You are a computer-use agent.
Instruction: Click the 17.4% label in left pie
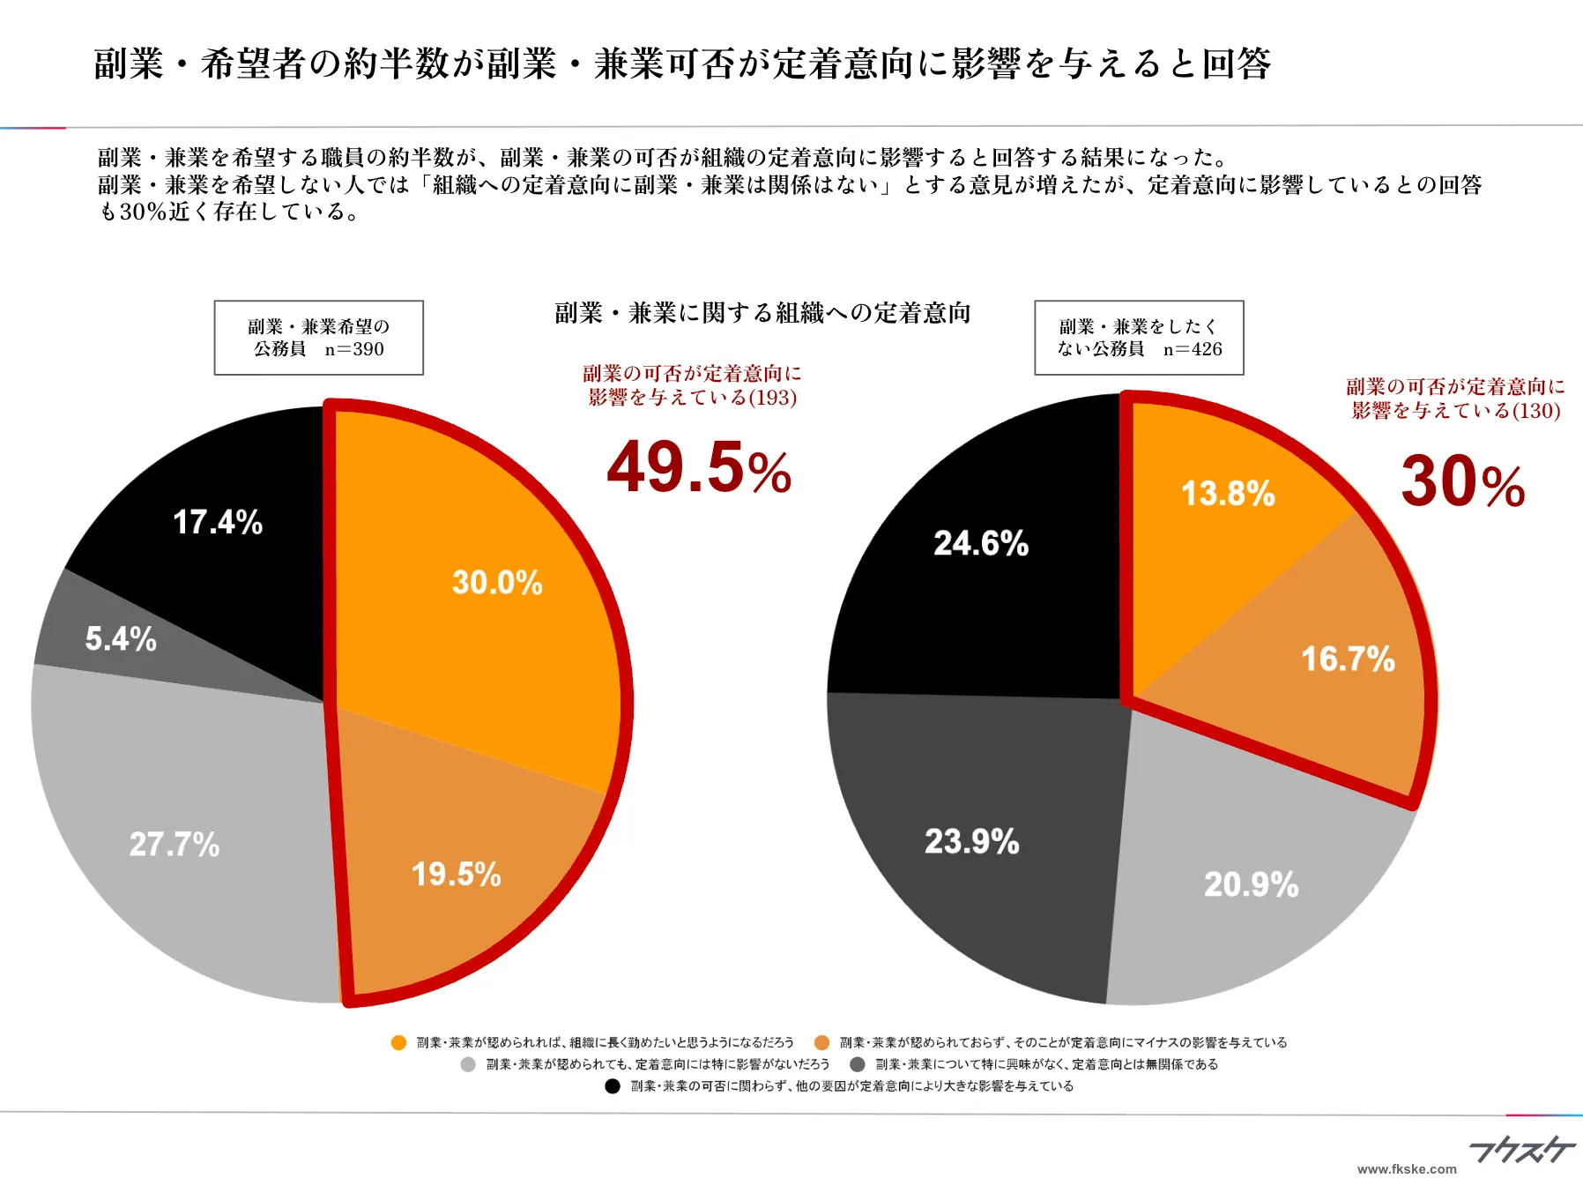(x=218, y=522)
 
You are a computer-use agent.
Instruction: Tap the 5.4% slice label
(x=121, y=638)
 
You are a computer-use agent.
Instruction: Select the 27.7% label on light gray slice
(x=175, y=844)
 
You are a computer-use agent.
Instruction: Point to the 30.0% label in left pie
(x=497, y=582)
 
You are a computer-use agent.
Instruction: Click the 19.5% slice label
(x=456, y=874)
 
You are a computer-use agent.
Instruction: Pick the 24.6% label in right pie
(x=981, y=543)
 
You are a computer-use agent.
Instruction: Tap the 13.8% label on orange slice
(x=1228, y=493)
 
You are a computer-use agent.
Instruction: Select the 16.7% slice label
(x=1348, y=659)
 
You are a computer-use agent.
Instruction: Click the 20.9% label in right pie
(x=1251, y=884)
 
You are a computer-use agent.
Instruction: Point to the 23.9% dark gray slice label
(x=971, y=841)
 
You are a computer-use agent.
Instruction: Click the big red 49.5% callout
(x=699, y=468)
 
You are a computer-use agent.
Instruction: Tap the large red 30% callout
(x=1462, y=482)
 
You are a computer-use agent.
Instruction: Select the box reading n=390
(x=318, y=338)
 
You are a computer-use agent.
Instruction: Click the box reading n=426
(x=1139, y=338)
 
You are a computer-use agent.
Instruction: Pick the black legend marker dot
(x=613, y=1085)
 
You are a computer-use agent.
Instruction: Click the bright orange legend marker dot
(x=398, y=1042)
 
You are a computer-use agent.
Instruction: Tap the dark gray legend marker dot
(x=857, y=1064)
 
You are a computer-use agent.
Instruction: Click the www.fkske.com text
(x=1407, y=1169)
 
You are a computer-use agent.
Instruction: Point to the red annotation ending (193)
(x=692, y=385)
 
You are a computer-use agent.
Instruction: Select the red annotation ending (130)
(x=1455, y=399)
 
